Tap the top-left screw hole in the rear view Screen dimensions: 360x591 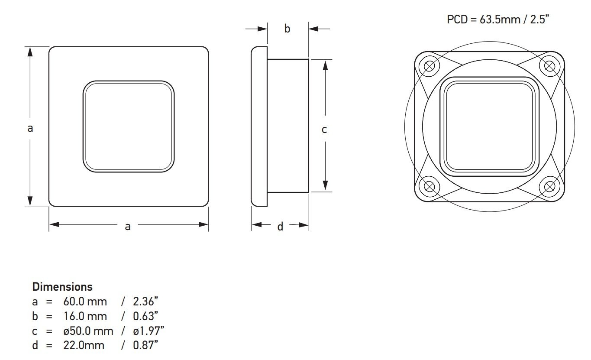click(x=430, y=66)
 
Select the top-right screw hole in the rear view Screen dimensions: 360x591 click(x=549, y=66)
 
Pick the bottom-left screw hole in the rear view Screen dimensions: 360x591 click(x=430, y=187)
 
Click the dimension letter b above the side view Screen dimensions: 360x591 click(x=287, y=29)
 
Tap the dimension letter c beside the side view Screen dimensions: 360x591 click(x=324, y=129)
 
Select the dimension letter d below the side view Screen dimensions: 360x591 click(x=280, y=226)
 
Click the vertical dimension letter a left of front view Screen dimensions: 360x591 click(x=30, y=128)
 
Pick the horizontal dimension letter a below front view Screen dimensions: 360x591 click(x=128, y=226)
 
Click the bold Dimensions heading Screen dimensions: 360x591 click(x=62, y=287)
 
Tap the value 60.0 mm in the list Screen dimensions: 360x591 click(x=85, y=302)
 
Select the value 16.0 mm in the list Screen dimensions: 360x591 click(x=85, y=316)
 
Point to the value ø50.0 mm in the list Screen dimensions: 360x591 click(x=88, y=331)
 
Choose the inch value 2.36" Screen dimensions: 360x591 click(x=143, y=302)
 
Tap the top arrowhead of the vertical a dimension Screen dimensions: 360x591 click(x=30, y=52)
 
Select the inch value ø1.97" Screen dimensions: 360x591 click(x=149, y=331)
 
